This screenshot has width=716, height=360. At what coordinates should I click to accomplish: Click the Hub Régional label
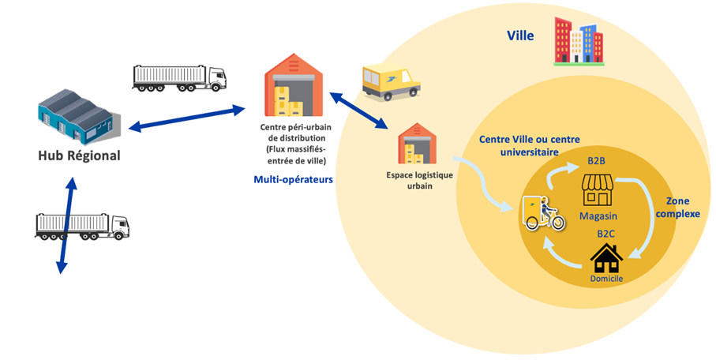point(79,156)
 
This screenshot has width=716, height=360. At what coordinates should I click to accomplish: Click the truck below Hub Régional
point(81,226)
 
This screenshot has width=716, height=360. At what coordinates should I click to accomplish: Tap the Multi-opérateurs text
point(293,180)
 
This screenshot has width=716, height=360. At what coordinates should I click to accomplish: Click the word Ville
point(519,36)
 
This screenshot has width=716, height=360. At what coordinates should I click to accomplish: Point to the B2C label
point(607,234)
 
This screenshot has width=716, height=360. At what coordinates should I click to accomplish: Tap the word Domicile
point(607,280)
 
